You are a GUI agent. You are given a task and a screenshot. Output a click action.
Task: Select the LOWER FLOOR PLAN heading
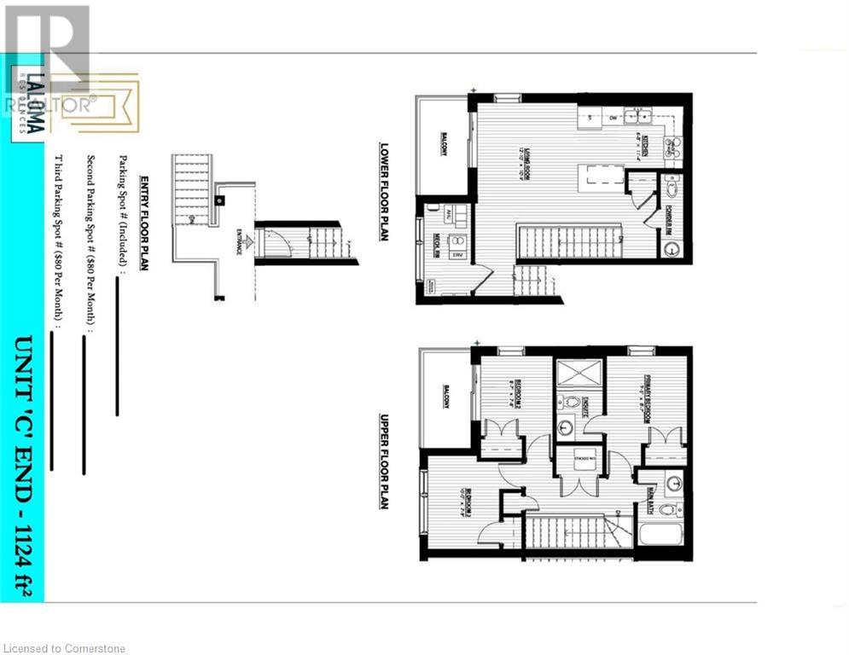point(384,191)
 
